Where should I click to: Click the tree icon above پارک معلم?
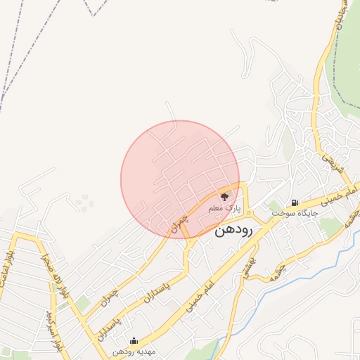pyautogui.click(x=224, y=197)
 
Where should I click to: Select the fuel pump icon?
pyautogui.click(x=294, y=202)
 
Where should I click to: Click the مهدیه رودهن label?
pyautogui.click(x=135, y=352)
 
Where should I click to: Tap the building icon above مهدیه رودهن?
pyautogui.click(x=134, y=341)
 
